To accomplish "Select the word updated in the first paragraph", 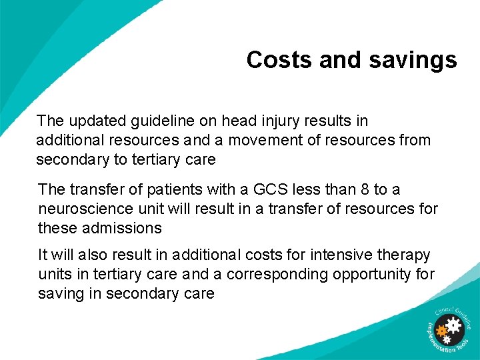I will [x=93, y=121].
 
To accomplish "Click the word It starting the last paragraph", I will [x=43, y=255].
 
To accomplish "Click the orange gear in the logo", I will [x=441, y=330].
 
